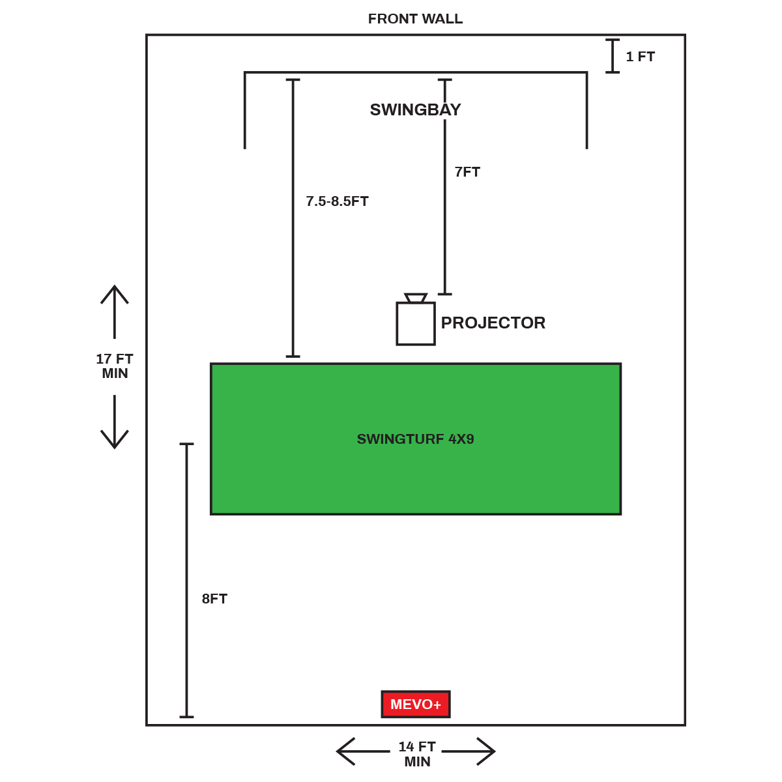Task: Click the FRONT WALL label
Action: [415, 19]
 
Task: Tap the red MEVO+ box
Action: [416, 704]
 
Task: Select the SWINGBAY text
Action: [415, 109]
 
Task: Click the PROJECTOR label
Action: [493, 323]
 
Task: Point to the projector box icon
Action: [416, 324]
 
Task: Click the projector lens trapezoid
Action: [416, 298]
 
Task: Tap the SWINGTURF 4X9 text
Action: [415, 439]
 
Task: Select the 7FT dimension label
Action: [467, 172]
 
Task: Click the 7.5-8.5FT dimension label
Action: [337, 201]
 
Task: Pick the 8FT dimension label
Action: [214, 599]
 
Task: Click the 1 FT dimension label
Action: [640, 57]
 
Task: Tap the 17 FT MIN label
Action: [115, 366]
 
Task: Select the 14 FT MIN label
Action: [417, 754]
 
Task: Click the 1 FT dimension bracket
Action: [613, 56]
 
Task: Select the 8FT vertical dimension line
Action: [187, 580]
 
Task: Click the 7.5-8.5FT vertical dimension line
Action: [293, 218]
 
